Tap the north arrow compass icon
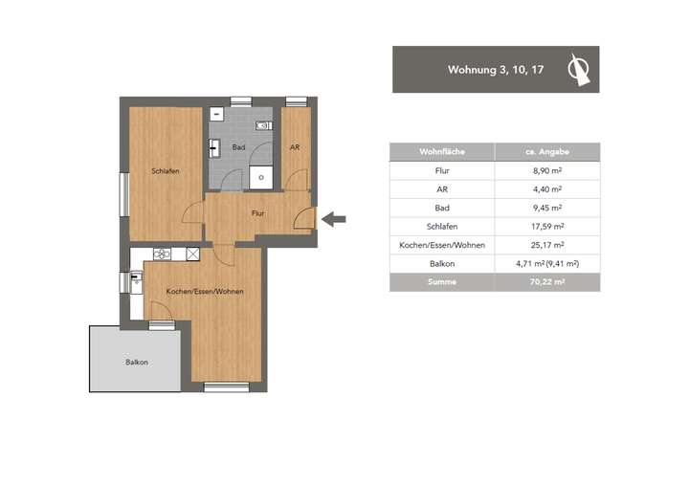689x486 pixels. tap(578, 69)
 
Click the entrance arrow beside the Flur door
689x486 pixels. tap(333, 220)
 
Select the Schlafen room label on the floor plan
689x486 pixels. tap(165, 170)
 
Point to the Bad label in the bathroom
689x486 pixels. tap(238, 146)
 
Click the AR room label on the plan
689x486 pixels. tap(295, 146)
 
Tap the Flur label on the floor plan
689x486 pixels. tap(257, 213)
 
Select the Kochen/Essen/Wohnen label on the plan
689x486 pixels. tap(204, 290)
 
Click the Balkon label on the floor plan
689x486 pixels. tap(136, 362)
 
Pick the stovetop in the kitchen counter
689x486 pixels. tap(163, 254)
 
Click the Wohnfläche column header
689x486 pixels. tap(441, 152)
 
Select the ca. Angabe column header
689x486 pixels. tap(546, 152)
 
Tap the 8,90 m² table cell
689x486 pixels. tap(546, 170)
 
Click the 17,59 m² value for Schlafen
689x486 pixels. tap(546, 226)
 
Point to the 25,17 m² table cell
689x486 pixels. tap(546, 245)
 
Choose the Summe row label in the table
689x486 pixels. tap(441, 282)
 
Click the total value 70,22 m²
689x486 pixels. tap(546, 282)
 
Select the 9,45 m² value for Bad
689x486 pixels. tap(546, 208)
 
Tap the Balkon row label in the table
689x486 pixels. tap(441, 263)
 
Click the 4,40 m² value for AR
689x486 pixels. tap(546, 189)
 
